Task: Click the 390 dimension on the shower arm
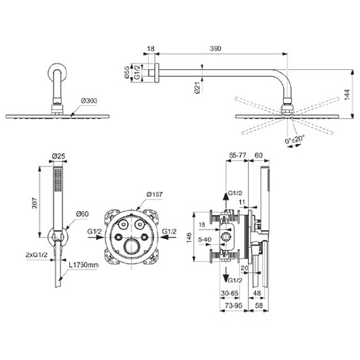[215, 49]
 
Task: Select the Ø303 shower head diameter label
[89, 101]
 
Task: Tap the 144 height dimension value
[347, 94]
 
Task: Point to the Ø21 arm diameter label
[197, 88]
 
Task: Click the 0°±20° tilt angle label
[295, 139]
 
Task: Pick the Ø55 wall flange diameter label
[127, 73]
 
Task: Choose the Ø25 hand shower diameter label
[59, 156]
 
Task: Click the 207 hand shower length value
[35, 202]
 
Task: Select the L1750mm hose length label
[84, 265]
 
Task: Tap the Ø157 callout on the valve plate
[154, 194]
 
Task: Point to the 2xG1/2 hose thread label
[37, 255]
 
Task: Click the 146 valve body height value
[189, 238]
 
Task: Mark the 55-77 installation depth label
[238, 155]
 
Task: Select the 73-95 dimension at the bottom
[234, 306]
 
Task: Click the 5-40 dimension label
[205, 240]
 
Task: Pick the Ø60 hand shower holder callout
[82, 214]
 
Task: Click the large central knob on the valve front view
[132, 246]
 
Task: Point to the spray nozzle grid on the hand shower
[58, 179]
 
